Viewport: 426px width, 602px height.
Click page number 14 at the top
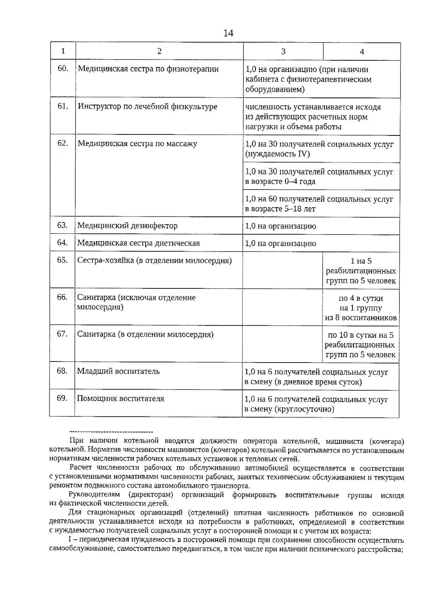tap(228, 33)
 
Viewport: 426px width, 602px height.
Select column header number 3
tap(283, 51)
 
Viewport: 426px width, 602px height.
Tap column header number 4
tap(362, 52)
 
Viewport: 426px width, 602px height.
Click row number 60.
tap(63, 69)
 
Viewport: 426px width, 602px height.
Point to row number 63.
tap(62, 225)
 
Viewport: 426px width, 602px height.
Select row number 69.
tap(62, 398)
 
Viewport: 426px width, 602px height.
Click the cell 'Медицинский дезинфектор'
tap(127, 226)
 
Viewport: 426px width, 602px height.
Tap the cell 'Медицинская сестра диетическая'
tap(138, 243)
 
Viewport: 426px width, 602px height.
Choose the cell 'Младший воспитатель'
tap(118, 371)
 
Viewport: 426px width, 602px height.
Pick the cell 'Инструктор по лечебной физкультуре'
tap(147, 106)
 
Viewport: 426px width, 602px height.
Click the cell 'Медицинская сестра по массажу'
tap(137, 144)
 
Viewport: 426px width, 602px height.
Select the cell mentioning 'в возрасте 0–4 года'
tap(319, 177)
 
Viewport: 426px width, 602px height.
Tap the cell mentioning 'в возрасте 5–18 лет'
tap(319, 204)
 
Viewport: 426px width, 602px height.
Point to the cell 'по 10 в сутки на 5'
tap(360, 345)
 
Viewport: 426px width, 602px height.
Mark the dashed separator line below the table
tap(111, 432)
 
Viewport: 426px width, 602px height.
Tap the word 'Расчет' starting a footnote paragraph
tap(81, 468)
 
